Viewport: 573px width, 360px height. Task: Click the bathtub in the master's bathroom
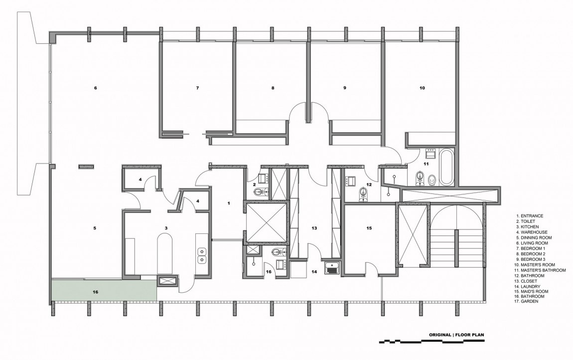pyautogui.click(x=446, y=167)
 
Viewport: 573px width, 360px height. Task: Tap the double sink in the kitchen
pyautogui.click(x=201, y=255)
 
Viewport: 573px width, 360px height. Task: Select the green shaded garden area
pyautogui.click(x=104, y=290)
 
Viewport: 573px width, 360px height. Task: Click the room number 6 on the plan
pyautogui.click(x=95, y=88)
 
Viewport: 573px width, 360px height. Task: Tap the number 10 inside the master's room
pyautogui.click(x=422, y=88)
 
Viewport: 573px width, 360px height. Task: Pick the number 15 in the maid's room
pyautogui.click(x=369, y=228)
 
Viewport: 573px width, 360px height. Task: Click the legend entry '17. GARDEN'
pyautogui.click(x=527, y=302)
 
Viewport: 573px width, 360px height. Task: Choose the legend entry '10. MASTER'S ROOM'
pyautogui.click(x=535, y=265)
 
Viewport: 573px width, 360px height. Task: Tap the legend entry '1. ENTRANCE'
pyautogui.click(x=530, y=216)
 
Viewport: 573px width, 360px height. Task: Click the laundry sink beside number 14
pyautogui.click(x=332, y=267)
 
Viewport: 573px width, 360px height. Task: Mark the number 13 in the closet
pyautogui.click(x=314, y=228)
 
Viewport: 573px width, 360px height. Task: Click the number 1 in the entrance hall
pyautogui.click(x=229, y=203)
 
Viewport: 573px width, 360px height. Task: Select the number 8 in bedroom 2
pyautogui.click(x=273, y=88)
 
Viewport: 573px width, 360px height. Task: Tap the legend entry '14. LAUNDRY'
pyautogui.click(x=528, y=287)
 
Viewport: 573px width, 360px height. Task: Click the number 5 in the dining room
pyautogui.click(x=95, y=228)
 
